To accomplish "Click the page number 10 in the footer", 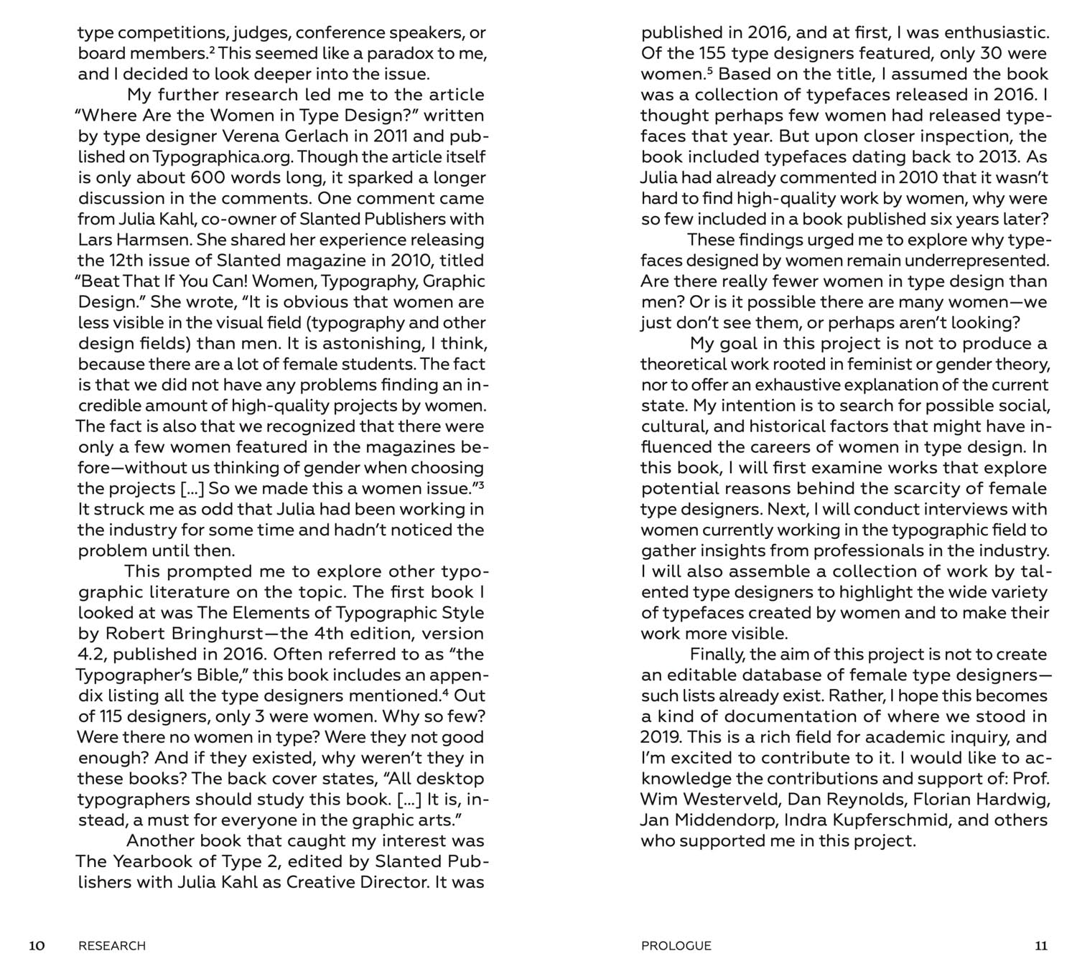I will pos(37,945).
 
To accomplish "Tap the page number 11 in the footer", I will pos(1040,945).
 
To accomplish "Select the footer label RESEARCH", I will pos(112,945).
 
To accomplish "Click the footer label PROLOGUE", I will pos(676,945).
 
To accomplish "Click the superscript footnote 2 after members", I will pos(213,50).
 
